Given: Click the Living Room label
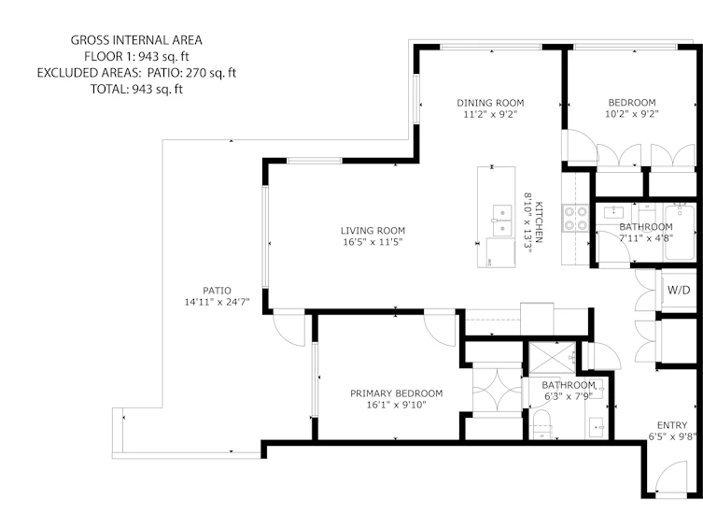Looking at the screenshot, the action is pos(373,231).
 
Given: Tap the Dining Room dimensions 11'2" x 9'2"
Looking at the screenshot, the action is pos(490,114).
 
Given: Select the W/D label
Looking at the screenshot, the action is pos(679,290).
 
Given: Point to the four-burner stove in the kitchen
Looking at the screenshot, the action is pos(576,218).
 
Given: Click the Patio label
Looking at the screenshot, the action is pos(217,291).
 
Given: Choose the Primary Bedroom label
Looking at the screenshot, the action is pos(397,393).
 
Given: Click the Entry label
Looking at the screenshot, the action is pos(672,425).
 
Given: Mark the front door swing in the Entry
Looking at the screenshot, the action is pos(671,480).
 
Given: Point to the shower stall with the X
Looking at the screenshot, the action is pos(552,358).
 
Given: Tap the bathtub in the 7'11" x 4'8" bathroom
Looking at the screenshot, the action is pos(681,232).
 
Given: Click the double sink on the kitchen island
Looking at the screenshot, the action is pos(502,221).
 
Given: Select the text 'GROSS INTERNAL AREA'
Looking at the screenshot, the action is pos(136,40).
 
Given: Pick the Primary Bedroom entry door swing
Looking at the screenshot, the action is pos(441,328).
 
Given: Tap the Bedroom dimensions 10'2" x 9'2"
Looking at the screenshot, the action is pos(632,114).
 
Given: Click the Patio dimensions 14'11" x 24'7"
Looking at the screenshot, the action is pos(217,302).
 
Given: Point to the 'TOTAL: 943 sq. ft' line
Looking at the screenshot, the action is pos(136,90).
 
